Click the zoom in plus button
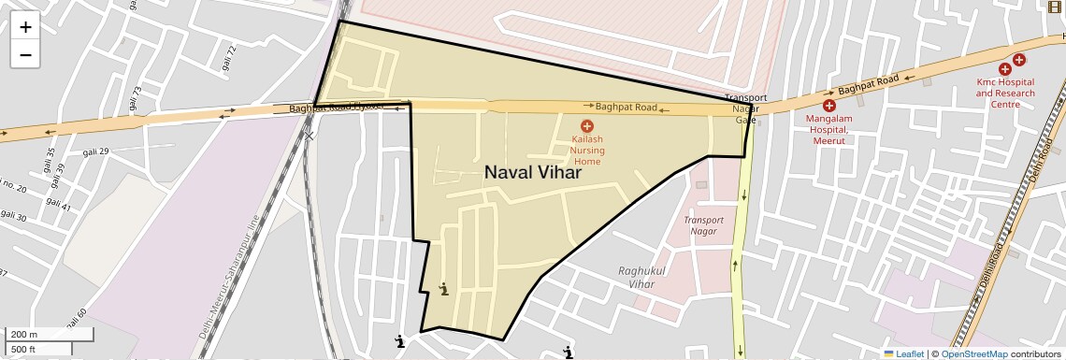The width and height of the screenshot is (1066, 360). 25,27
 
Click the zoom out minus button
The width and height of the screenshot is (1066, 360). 25,54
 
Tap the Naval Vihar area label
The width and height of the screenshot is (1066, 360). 533,173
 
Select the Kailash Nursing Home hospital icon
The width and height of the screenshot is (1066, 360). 587,126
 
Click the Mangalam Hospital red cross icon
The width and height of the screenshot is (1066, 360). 828,106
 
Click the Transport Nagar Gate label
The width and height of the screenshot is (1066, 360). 745,108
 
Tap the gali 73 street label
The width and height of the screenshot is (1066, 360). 137,98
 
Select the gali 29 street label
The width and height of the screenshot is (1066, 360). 96,151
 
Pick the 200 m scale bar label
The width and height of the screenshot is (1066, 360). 23,334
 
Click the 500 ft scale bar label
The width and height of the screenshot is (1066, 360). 23,349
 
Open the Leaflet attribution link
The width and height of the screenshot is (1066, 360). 903,353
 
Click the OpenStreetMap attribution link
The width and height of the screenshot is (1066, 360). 973,353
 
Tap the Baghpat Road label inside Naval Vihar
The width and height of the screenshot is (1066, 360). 626,108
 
